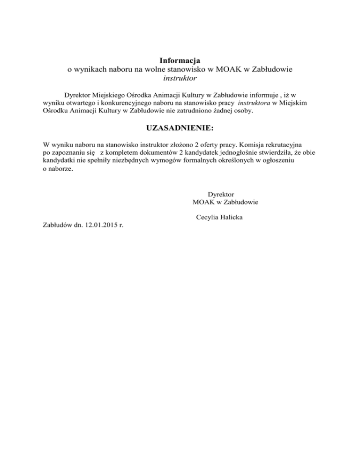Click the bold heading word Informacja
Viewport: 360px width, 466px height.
pos(180,60)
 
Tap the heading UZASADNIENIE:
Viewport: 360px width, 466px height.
pos(180,128)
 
